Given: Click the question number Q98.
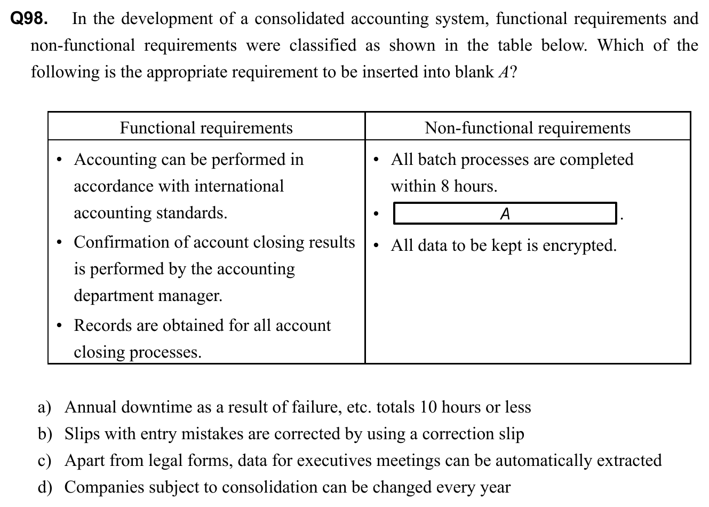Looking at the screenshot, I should pyautogui.click(x=29, y=19).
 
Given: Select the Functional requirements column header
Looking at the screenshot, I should pyautogui.click(x=206, y=128).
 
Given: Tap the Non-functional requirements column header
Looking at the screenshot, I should pyautogui.click(x=527, y=128).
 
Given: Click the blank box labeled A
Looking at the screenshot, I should pyautogui.click(x=505, y=214).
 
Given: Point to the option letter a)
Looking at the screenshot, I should pyautogui.click(x=44, y=408).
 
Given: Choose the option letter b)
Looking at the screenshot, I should pyautogui.click(x=45, y=434).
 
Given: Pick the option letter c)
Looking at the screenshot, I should pyautogui.click(x=44, y=461).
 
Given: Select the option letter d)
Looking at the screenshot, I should pyautogui.click(x=45, y=488).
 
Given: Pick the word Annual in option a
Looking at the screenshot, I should pyautogui.click(x=91, y=408).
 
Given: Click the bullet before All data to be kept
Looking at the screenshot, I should pyautogui.click(x=377, y=247).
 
